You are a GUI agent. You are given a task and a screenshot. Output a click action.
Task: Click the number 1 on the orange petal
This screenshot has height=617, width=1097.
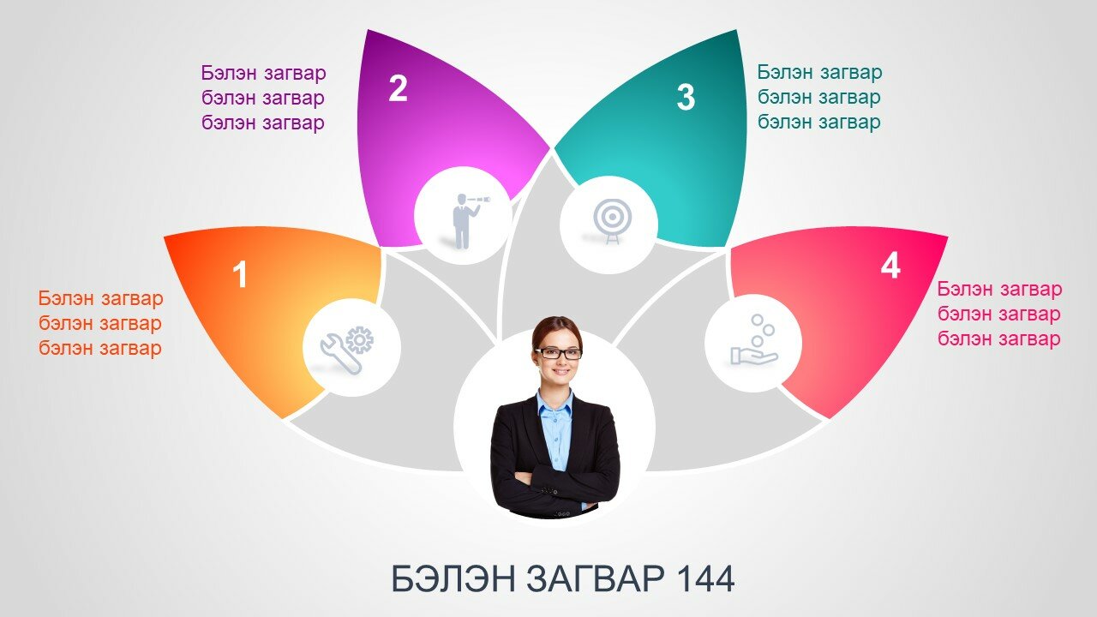pyautogui.click(x=240, y=274)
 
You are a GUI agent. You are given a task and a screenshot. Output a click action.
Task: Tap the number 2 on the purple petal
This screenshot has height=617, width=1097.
pyautogui.click(x=398, y=88)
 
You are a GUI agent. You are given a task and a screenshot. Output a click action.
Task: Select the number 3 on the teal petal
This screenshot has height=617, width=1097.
pyautogui.click(x=686, y=97)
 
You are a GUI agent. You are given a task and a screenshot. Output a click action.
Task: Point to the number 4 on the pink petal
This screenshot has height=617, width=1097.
pyautogui.click(x=890, y=266)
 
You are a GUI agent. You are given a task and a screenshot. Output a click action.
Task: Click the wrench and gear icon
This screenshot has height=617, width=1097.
pyautogui.click(x=347, y=350)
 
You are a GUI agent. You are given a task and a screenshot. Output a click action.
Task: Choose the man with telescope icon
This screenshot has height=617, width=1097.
pyautogui.click(x=469, y=221)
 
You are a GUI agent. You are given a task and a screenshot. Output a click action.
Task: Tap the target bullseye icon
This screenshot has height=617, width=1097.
pyautogui.click(x=612, y=220)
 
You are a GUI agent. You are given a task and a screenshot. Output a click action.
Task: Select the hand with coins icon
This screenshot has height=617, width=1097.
pyautogui.click(x=754, y=340)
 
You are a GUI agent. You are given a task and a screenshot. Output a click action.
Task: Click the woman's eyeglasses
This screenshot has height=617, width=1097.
pyautogui.click(x=558, y=353)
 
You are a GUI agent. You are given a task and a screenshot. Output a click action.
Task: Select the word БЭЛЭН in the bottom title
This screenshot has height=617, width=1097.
pyautogui.click(x=453, y=578)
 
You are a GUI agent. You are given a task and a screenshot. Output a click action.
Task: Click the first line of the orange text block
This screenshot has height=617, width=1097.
pyautogui.click(x=100, y=298)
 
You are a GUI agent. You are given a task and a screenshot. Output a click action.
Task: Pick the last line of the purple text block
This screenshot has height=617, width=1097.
pyautogui.click(x=263, y=123)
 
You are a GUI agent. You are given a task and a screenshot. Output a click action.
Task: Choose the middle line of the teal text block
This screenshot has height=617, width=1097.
pyautogui.click(x=818, y=97)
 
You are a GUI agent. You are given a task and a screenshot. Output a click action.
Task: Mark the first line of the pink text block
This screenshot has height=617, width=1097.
pyautogui.click(x=999, y=289)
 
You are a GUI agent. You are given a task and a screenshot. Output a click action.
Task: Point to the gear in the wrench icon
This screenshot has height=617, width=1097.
pyautogui.click(x=360, y=339)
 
